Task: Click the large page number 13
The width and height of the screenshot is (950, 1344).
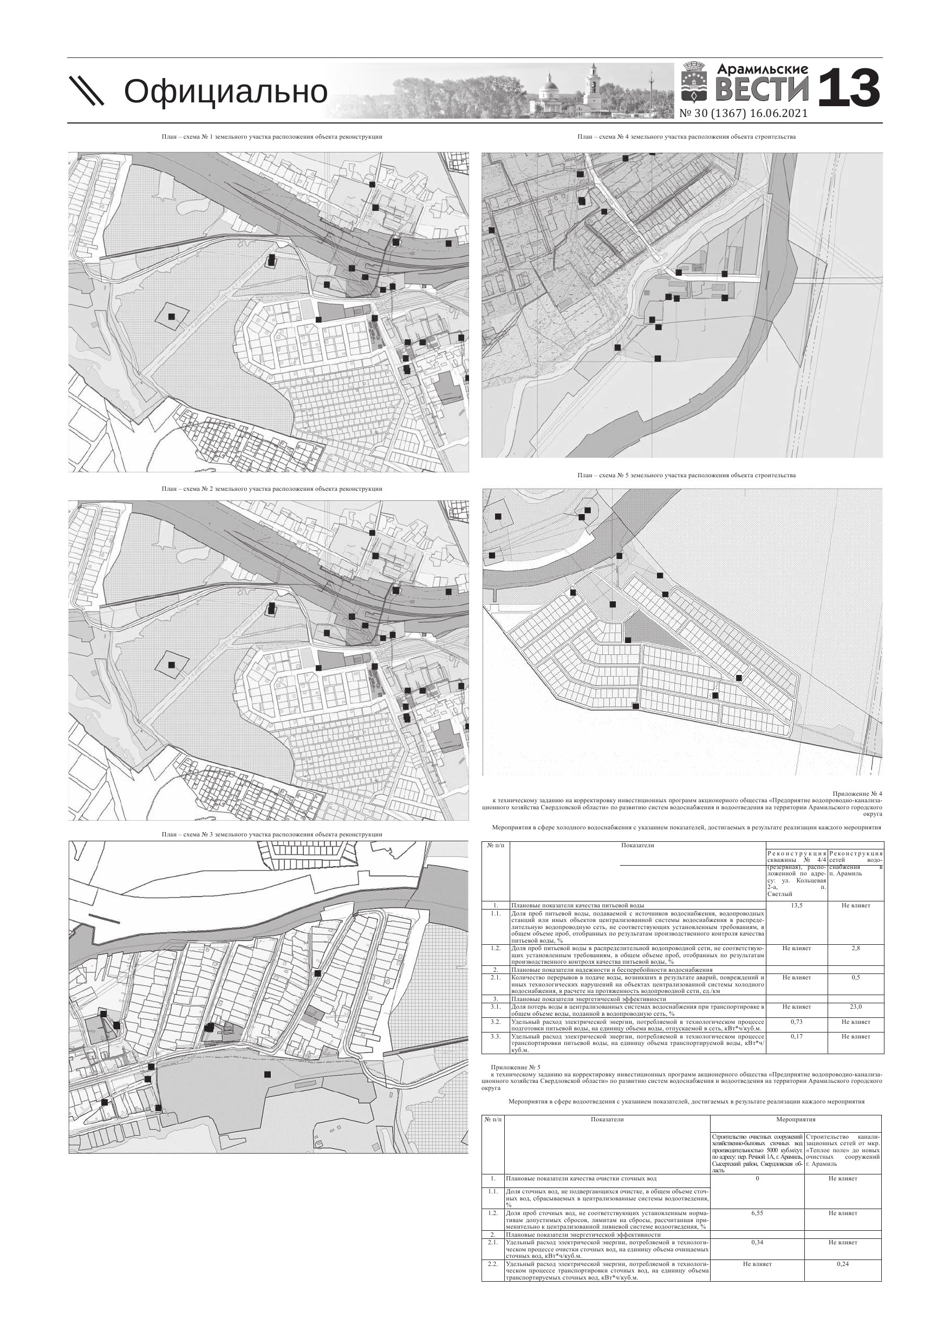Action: click(848, 88)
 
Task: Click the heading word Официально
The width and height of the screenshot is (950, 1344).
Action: click(225, 92)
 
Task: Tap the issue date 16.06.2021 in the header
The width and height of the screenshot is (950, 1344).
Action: click(778, 114)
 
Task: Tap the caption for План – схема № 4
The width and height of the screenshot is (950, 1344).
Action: click(686, 137)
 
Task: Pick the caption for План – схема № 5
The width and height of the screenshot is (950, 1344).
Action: click(686, 475)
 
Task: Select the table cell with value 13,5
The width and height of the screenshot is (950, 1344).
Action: click(797, 906)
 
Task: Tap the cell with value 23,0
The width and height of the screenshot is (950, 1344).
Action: click(856, 1007)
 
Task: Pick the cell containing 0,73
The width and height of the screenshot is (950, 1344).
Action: click(797, 1022)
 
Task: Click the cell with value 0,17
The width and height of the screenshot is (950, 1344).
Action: click(797, 1036)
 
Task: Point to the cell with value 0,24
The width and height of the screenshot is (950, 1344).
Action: click(843, 1264)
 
